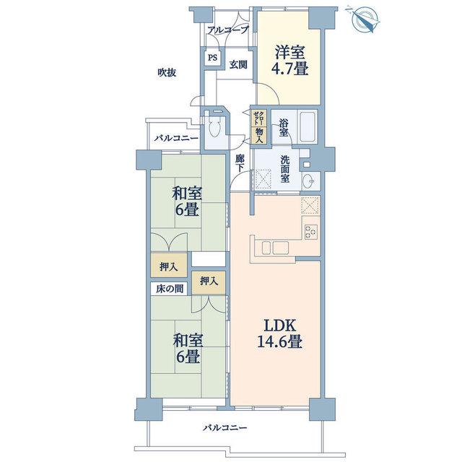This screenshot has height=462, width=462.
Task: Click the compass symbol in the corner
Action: (x=363, y=19)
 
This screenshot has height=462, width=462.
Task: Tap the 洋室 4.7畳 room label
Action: (x=290, y=61)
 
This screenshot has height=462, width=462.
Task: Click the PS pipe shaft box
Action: (x=212, y=58)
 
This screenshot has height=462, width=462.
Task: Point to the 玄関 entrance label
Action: (x=238, y=64)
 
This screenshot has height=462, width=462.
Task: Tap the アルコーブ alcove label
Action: (x=228, y=30)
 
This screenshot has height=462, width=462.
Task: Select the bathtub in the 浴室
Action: (x=308, y=127)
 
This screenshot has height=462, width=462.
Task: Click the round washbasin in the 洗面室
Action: (x=308, y=180)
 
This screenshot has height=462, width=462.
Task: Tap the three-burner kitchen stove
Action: (x=311, y=231)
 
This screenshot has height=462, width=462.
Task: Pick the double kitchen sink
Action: (x=276, y=247)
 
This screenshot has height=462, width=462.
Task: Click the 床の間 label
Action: (x=170, y=289)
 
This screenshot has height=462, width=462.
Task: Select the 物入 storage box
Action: (x=259, y=136)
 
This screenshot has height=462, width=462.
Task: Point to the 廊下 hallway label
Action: (x=240, y=164)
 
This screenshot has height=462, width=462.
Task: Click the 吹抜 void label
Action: (x=167, y=72)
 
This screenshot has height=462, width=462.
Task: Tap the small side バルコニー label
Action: (x=177, y=138)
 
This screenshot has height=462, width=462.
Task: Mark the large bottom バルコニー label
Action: (x=225, y=427)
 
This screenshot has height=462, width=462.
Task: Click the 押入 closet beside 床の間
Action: (x=209, y=282)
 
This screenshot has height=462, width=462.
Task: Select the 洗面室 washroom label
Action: (x=284, y=169)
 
